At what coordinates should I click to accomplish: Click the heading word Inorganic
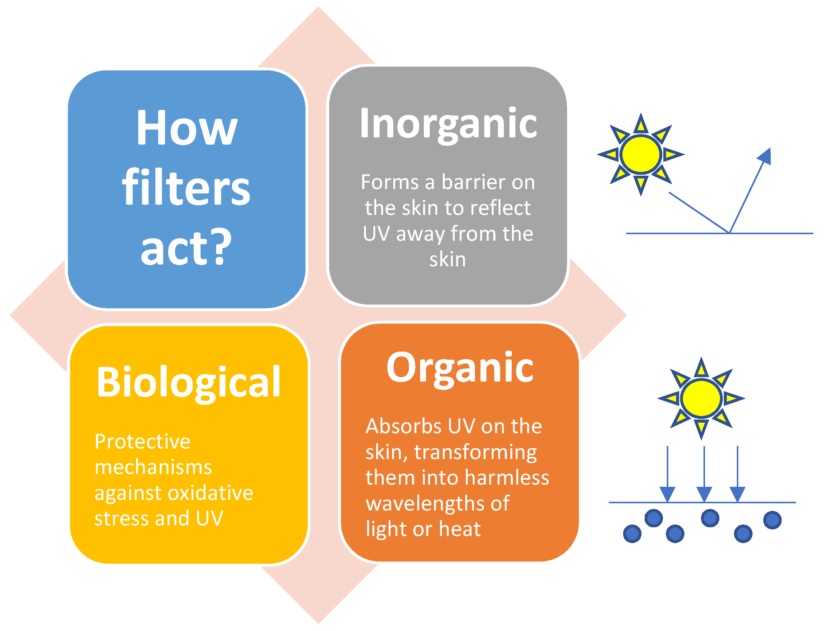point(448,124)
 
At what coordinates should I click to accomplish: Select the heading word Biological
point(188,382)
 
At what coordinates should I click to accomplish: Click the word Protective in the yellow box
point(142,442)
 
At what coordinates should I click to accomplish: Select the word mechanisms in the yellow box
point(153,467)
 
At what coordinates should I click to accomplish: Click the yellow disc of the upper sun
point(640,154)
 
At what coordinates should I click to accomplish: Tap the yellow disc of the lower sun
point(701,398)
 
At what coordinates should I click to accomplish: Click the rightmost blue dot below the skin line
point(772,520)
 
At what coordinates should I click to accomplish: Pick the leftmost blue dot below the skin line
point(632,534)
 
